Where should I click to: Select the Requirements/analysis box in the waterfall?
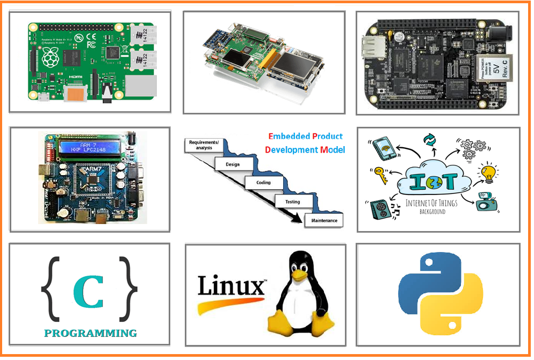point(200,145)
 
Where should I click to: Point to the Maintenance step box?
point(324,220)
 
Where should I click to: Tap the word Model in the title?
point(333,150)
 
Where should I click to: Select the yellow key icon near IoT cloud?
point(379,175)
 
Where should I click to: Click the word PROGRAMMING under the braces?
point(90,333)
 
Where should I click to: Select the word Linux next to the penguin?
point(231,286)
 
